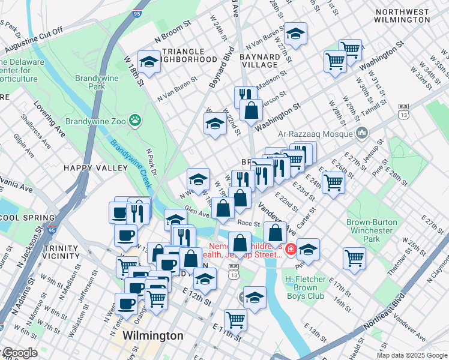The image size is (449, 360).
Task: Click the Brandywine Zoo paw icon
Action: tap(136, 121)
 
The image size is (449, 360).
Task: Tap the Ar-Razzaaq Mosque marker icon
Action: tap(362, 132)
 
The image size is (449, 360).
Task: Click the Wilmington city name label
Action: tap(153, 335)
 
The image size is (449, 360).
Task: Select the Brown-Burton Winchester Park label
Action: tap(372, 230)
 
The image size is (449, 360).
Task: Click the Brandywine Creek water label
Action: tap(128, 162)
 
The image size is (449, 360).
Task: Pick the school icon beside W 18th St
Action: tap(149, 61)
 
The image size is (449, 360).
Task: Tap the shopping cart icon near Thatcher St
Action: tap(354, 258)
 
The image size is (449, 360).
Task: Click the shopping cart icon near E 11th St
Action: tap(235, 320)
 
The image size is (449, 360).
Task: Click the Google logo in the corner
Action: tap(19, 353)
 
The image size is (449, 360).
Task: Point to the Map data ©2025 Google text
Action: tap(412, 355)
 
